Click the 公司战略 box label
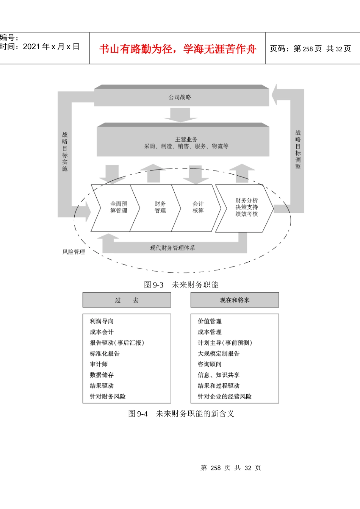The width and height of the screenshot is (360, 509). tap(180, 97)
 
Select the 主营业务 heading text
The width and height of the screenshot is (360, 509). tap(186, 139)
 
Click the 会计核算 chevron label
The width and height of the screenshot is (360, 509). tap(198, 208)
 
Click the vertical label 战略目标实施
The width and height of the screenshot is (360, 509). tap(65, 151)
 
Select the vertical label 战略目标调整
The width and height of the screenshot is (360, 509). tap(298, 150)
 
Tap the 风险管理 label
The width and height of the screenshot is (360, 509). tap(74, 252)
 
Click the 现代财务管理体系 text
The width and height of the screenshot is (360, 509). tap(172, 248)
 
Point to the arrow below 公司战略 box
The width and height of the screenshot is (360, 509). tap(180, 115)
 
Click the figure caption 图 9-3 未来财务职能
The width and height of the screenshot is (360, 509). tap(181, 285)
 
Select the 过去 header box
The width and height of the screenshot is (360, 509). tap(127, 300)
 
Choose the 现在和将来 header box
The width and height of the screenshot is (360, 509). tap(235, 300)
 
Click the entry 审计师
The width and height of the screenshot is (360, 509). tap(99, 364)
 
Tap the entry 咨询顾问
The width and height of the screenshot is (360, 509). tap(210, 364)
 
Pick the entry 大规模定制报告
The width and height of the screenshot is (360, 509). tap(219, 354)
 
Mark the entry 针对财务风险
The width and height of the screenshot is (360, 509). tap(108, 397)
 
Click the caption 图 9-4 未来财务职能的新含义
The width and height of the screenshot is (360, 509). tap(181, 414)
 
